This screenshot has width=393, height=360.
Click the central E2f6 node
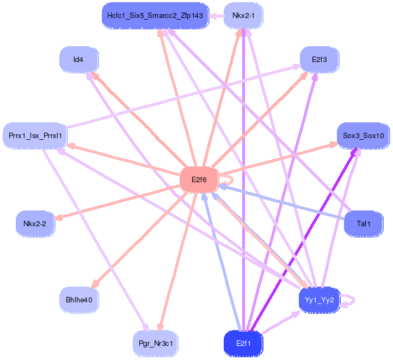199,180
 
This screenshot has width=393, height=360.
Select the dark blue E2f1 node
243,343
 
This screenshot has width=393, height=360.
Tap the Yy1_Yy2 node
320,300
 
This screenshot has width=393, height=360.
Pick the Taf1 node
363,224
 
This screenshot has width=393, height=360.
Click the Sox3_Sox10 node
363,135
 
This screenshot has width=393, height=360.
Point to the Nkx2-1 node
243,16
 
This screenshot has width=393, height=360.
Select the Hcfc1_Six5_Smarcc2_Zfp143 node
155,16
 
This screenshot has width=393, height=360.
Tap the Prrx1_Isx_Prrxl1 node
35,135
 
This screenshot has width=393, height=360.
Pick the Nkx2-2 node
35,224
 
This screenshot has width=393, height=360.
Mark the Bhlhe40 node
78,300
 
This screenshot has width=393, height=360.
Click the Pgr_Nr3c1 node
155,343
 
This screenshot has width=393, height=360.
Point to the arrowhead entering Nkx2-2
59,219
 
